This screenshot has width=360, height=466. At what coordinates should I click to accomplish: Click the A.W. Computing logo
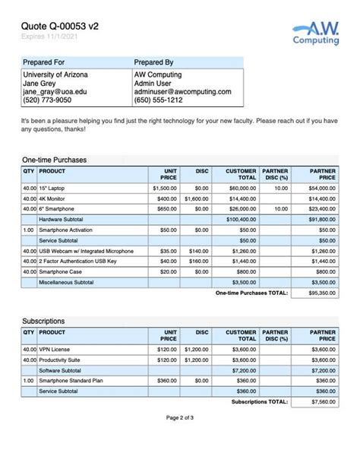click(x=315, y=33)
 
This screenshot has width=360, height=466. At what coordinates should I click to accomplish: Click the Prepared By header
click(x=153, y=62)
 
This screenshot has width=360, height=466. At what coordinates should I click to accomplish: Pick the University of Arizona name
click(x=55, y=74)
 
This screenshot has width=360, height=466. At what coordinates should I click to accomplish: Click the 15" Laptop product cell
click(x=53, y=187)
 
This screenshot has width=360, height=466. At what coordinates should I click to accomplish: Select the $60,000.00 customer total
click(x=242, y=187)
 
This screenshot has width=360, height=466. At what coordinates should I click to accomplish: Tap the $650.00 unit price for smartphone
click(x=165, y=208)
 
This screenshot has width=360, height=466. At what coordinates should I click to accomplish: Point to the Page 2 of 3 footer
click(x=180, y=439)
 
